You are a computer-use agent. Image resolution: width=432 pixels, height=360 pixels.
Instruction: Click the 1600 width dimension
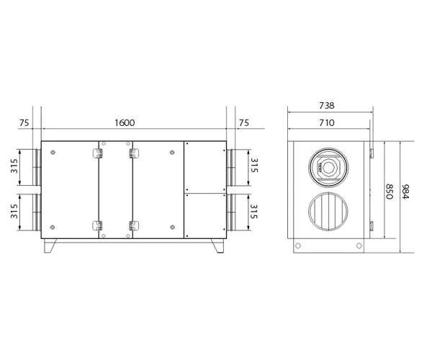(x=125, y=123)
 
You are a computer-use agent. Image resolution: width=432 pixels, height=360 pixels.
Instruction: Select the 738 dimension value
(x=325, y=105)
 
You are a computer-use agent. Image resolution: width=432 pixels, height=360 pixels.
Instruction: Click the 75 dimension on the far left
(x=24, y=123)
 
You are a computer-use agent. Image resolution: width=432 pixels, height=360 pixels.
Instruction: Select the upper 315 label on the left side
(x=12, y=167)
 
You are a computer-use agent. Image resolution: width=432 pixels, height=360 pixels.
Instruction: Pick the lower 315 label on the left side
(x=12, y=212)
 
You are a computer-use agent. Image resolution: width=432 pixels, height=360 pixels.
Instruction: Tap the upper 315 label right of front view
(x=253, y=167)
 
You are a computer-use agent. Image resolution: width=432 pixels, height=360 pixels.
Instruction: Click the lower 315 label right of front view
(x=253, y=212)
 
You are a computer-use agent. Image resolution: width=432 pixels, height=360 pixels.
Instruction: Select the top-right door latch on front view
(x=133, y=153)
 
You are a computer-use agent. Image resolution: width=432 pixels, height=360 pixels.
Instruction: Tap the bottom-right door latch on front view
(x=133, y=225)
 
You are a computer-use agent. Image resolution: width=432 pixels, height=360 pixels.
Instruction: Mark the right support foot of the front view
(x=215, y=247)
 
